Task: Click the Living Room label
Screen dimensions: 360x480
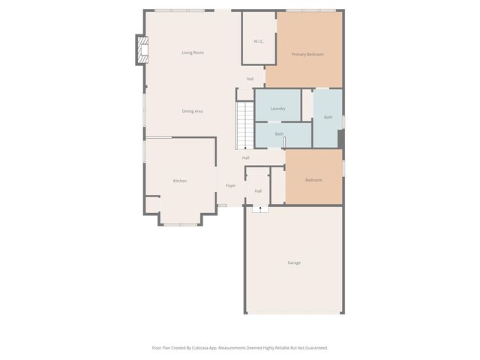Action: coord(193,52)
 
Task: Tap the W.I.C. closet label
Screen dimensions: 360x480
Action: coord(258,41)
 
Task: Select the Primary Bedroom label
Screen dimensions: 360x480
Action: coord(307,54)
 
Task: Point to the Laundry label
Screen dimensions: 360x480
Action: coord(277,109)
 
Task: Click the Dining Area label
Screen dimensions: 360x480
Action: coord(193,111)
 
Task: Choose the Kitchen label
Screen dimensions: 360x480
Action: coord(180,181)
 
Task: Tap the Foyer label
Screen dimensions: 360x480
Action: coord(231,185)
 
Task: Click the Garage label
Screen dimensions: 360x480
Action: coord(294,262)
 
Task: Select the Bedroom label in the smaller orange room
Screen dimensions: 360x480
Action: coord(313,180)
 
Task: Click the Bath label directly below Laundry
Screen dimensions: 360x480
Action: coord(279,133)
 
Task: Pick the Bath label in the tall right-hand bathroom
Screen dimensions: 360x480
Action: coord(328,117)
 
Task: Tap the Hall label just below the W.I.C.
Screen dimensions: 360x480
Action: coord(250,79)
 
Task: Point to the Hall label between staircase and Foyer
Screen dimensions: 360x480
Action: coord(245,157)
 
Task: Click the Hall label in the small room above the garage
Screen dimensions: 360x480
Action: coord(258,190)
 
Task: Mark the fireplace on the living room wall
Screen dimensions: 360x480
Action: coord(140,49)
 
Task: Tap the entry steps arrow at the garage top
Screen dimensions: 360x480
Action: coord(259,208)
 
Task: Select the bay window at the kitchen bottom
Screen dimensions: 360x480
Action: coord(181,223)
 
